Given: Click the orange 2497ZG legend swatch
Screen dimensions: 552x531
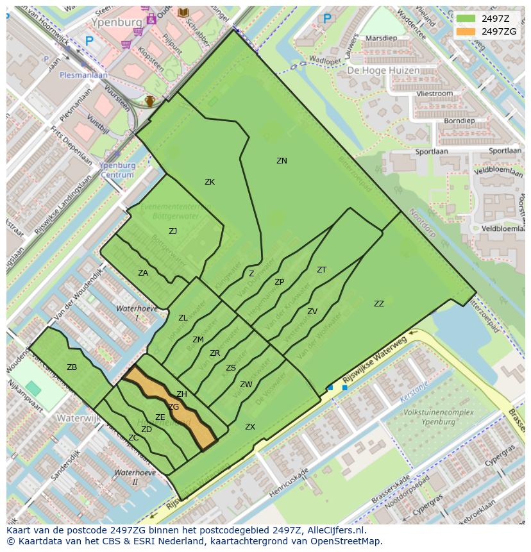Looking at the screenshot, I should (466, 31).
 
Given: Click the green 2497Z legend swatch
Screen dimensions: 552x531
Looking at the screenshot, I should (466, 19).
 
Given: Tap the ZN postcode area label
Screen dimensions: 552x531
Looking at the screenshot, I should (282, 161).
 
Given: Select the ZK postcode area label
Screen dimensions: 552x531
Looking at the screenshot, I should (210, 182).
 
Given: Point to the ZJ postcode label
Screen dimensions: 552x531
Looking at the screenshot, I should (173, 231).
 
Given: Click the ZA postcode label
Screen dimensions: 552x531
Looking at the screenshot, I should (143, 273).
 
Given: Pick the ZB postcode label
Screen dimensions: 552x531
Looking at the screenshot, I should (72, 367).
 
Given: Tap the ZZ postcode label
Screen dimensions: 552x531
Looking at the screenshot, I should (379, 304).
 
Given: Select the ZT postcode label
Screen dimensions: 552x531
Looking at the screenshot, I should (321, 270).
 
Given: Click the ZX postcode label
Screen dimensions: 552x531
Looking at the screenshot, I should (250, 427).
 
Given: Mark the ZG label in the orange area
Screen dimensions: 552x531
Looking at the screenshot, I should (174, 407).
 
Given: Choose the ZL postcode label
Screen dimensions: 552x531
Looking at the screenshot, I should (183, 318).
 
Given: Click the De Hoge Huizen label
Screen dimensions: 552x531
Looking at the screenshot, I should (383, 71).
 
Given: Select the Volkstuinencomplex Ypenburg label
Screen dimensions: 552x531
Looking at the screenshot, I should (430, 417).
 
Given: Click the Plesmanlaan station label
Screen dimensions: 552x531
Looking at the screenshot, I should (83, 74).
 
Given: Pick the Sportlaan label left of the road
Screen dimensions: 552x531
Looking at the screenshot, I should (430, 152).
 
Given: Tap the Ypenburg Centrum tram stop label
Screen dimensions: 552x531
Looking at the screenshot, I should (117, 170).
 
